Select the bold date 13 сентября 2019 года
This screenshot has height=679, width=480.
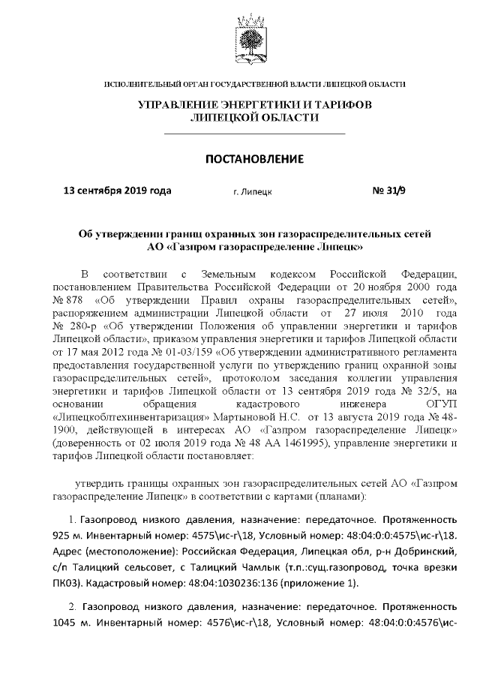click(117, 190)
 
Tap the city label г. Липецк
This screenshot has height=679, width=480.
click(253, 191)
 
